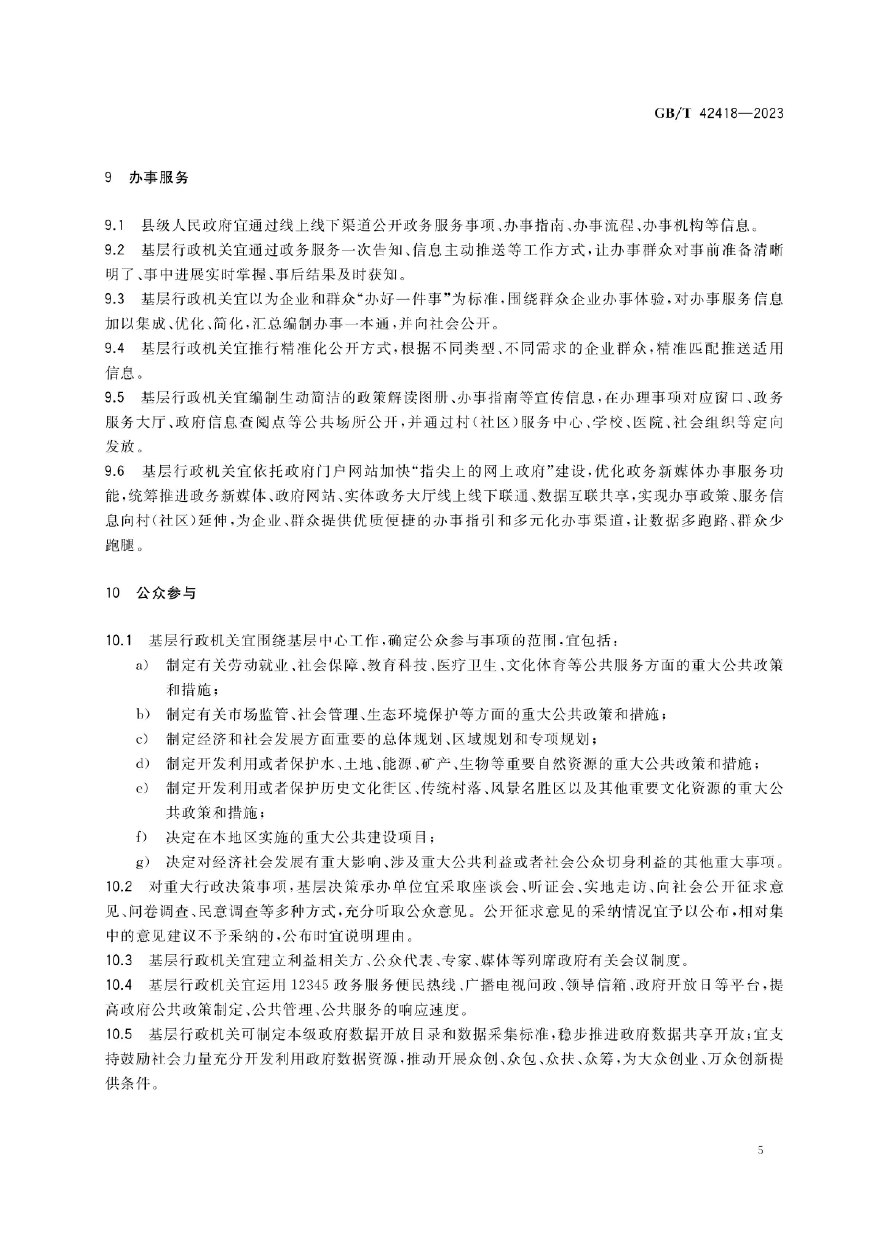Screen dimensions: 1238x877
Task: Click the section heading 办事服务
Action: [159, 177]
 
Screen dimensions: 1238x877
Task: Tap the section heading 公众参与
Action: [166, 593]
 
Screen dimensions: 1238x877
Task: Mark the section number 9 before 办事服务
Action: [109, 177]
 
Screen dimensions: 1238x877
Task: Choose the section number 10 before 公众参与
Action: [112, 593]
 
